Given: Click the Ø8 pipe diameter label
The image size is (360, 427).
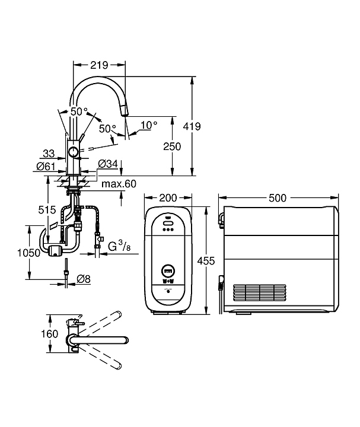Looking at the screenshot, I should coord(83,279).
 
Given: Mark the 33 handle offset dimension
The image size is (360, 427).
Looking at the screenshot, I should coord(50,152).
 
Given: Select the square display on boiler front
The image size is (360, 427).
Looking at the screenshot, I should coord(167,270).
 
